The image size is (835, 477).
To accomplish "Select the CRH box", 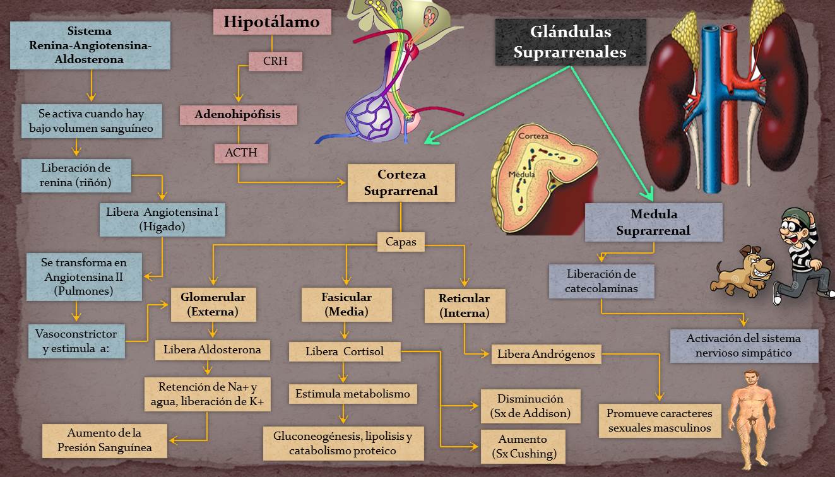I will tap(275, 62).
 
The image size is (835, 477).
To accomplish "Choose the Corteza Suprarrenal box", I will tap(401, 182).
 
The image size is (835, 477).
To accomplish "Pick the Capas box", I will tap(401, 242).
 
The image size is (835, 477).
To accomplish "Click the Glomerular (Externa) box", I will tap(213, 303).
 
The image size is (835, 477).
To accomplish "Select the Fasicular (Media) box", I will tap(346, 303).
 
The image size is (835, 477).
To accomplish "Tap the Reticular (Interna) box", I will tap(464, 305).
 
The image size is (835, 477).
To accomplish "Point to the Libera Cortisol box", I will tap(345, 351).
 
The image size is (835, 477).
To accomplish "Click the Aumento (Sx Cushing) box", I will tap(523, 446).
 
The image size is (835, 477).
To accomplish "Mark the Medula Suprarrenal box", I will tap(653, 222).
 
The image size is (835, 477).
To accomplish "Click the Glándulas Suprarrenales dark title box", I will tap(570, 42).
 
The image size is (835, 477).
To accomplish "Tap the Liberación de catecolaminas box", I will tap(601, 281).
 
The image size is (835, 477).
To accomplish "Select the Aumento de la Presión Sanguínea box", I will tap(105, 440).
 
